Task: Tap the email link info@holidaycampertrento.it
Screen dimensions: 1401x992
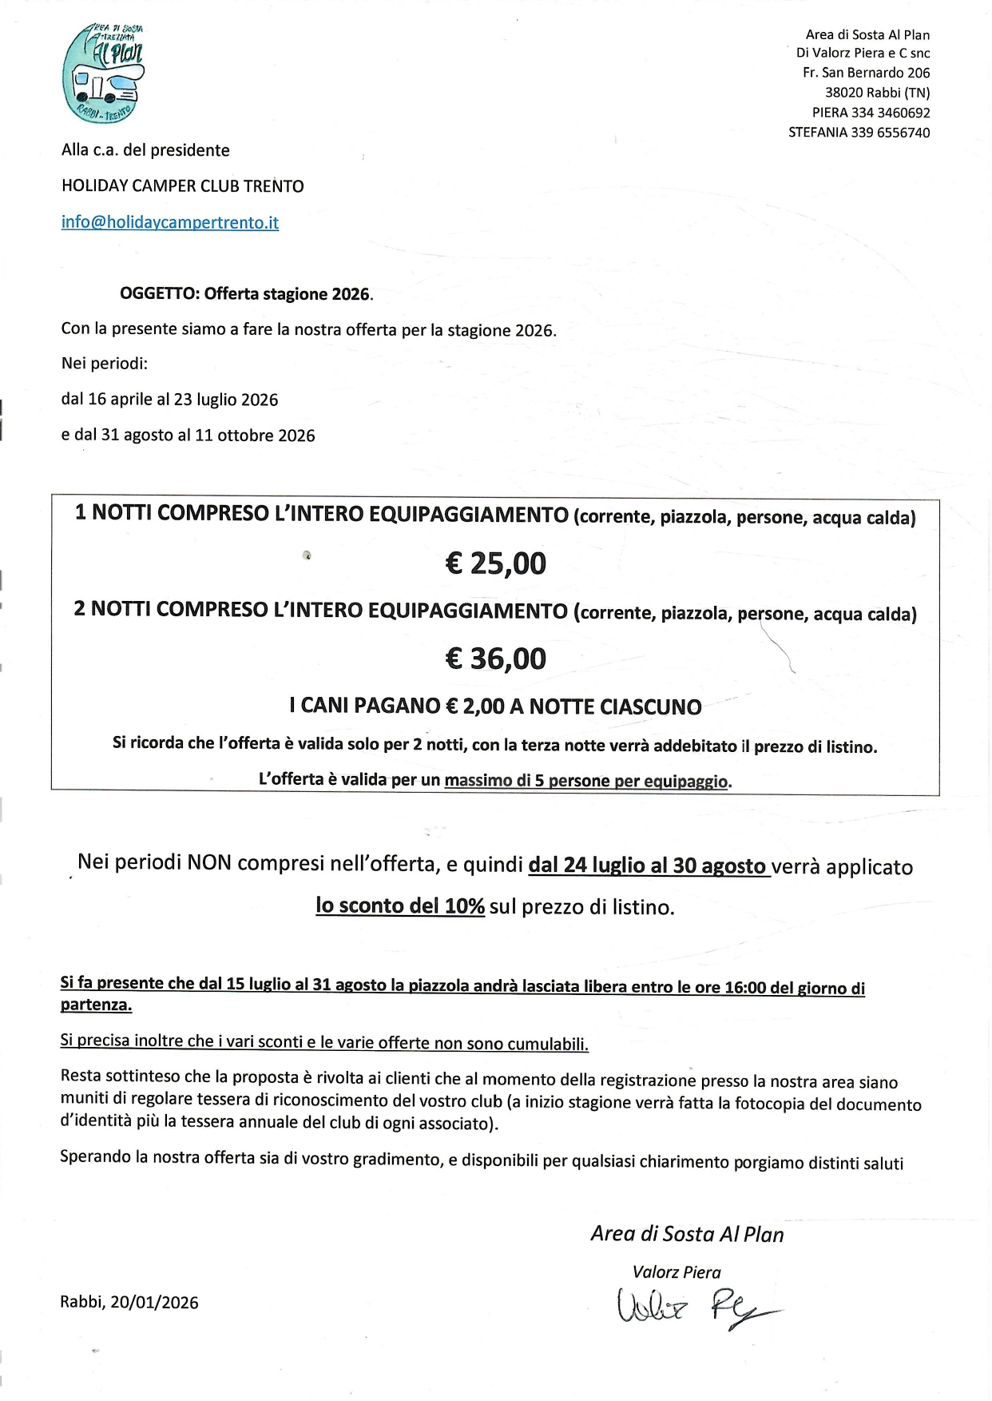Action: coord(169,222)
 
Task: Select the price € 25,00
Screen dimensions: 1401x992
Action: coord(495,563)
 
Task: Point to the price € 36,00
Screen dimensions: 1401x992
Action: coord(495,659)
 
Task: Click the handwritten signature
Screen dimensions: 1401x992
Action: coord(695,1306)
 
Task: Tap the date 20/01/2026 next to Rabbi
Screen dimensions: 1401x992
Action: coord(154,1302)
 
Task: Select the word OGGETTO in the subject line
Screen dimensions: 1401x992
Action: coord(159,293)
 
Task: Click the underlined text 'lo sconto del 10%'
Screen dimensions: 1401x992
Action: coord(400,905)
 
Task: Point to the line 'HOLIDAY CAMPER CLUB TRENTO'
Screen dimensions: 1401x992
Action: coord(182,186)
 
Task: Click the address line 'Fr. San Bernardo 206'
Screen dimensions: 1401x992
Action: coord(866,73)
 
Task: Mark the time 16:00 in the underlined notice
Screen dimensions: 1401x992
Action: coord(744,987)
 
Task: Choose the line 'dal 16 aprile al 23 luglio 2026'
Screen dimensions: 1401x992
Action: coord(169,400)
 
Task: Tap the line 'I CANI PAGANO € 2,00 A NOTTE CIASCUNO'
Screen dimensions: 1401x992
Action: coord(495,706)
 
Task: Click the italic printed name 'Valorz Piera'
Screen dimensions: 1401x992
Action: coord(677,1272)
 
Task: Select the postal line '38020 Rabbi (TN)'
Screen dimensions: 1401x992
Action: coord(877,93)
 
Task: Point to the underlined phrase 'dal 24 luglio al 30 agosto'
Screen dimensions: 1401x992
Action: coord(647,866)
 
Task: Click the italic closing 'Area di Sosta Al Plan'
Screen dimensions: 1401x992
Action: coord(687,1234)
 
